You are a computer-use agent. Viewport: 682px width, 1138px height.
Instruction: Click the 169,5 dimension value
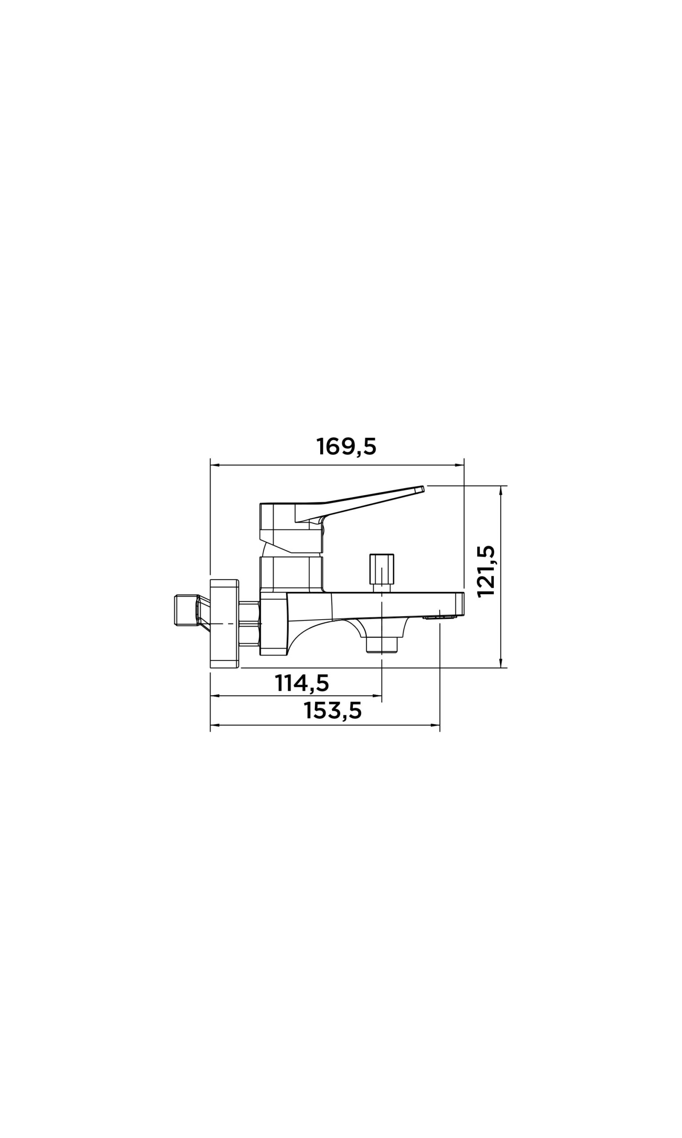pos(346,447)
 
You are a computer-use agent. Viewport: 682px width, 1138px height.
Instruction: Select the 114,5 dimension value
pos(302,683)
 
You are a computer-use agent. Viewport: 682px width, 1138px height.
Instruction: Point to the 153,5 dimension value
pos(333,711)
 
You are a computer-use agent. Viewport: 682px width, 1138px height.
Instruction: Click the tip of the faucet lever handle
pos(422,489)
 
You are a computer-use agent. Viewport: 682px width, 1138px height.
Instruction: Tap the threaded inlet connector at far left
pos(186,610)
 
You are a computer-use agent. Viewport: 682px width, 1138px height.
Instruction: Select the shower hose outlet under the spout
pos(382,644)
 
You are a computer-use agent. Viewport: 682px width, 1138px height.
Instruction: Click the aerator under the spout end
pos(440,617)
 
